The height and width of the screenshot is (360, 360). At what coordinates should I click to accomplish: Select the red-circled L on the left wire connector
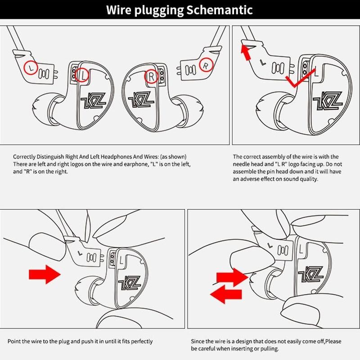30,67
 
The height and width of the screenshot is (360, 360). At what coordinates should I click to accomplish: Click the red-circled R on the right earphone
151,78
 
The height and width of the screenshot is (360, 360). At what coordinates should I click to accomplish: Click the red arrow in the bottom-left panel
44,274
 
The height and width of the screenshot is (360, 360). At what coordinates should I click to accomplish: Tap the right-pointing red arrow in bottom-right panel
230,276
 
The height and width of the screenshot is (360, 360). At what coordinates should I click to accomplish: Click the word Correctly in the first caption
25,157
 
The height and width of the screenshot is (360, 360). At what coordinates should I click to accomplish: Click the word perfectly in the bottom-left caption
139,342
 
